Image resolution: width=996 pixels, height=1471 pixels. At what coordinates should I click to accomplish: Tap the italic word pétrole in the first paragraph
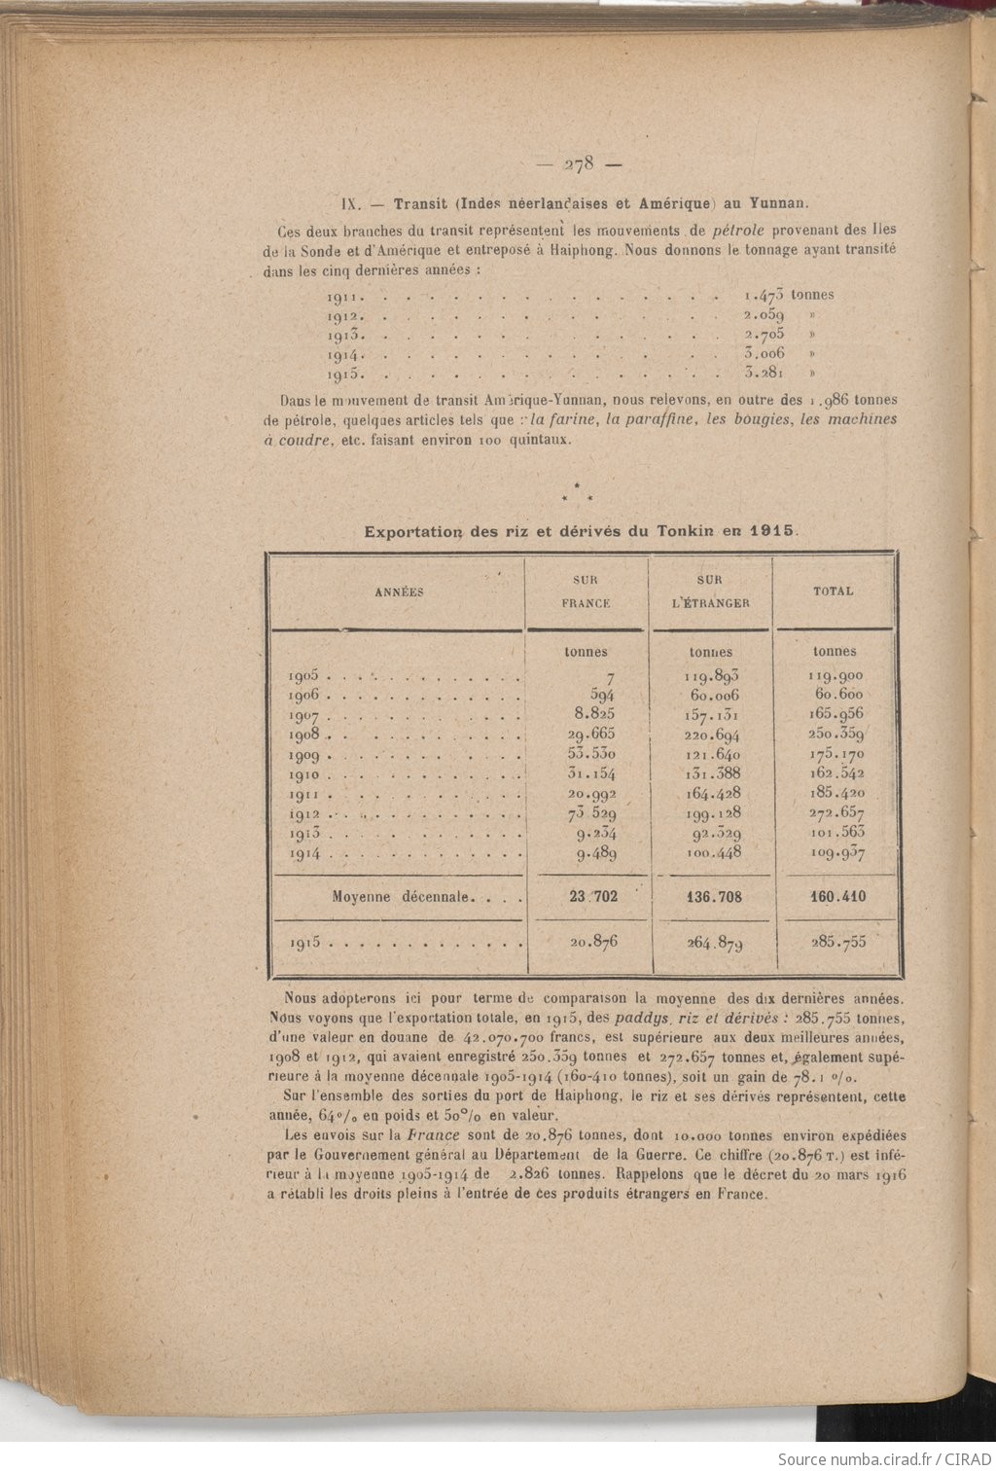[x=738, y=231]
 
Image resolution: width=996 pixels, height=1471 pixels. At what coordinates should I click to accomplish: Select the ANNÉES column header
[x=399, y=592]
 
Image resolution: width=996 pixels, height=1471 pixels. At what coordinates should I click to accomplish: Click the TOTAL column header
[x=834, y=591]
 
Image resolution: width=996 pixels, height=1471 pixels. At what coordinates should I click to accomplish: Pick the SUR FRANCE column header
[x=586, y=592]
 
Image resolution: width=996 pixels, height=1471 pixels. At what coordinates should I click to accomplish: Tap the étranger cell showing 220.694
[x=712, y=735]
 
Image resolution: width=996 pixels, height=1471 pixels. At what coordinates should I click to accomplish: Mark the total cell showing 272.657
[x=836, y=812]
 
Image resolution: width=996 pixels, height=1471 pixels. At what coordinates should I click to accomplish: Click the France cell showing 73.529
[x=591, y=812]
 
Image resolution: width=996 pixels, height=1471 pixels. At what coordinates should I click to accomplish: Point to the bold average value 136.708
[x=713, y=896]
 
